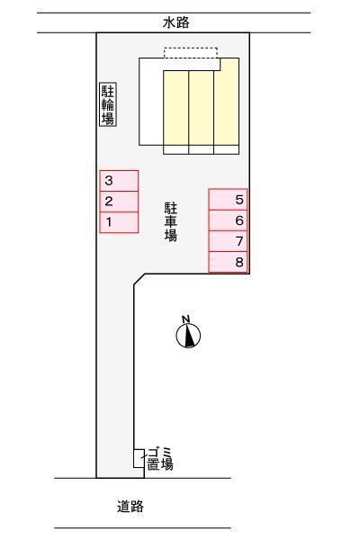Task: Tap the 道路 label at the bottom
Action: (x=130, y=507)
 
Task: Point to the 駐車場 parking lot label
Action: (x=170, y=221)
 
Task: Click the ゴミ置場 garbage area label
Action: (x=159, y=460)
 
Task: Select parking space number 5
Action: (x=229, y=200)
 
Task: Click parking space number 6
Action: (x=229, y=220)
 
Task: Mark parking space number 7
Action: (x=229, y=241)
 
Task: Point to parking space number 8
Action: (x=229, y=262)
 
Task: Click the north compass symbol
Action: (x=188, y=336)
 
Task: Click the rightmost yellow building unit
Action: (x=226, y=103)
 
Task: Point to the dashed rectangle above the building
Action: (x=191, y=55)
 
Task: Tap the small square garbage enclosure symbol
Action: (x=139, y=457)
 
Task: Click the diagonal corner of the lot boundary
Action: (x=139, y=280)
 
